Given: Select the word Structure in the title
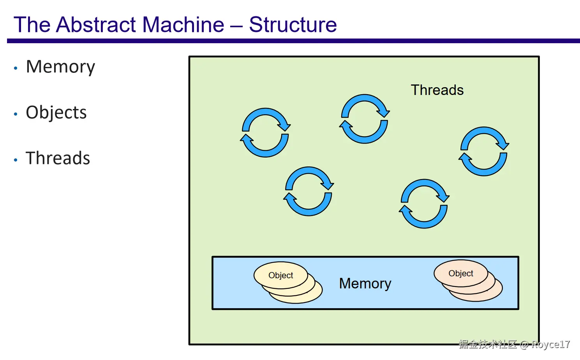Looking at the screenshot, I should click(x=293, y=25).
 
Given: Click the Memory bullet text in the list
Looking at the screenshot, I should click(x=60, y=67).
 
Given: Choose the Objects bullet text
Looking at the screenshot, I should click(x=56, y=113).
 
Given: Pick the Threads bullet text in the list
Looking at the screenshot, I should click(x=58, y=158).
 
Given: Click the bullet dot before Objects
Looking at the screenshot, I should click(x=16, y=114).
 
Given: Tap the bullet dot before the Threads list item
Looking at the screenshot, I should click(x=16, y=160).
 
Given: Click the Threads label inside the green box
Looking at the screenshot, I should click(x=437, y=90).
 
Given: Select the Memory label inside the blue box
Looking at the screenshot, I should click(x=365, y=284).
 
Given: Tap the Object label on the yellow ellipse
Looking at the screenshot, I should click(x=280, y=276).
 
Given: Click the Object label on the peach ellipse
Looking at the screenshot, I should click(x=460, y=274).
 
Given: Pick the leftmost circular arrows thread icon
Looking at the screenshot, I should click(x=265, y=133).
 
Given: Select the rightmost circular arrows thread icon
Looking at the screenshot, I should click(x=484, y=151).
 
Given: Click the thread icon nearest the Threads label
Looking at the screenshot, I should click(x=365, y=119).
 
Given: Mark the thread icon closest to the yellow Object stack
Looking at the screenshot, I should click(x=309, y=191).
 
